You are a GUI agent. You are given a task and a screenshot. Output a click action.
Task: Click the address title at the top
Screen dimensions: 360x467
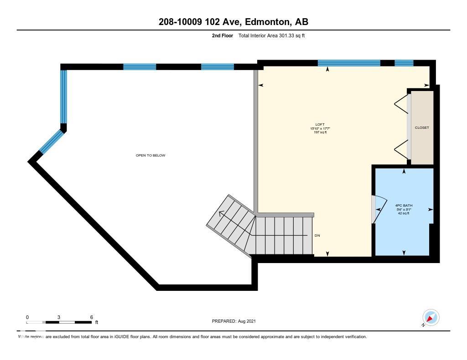(233, 22)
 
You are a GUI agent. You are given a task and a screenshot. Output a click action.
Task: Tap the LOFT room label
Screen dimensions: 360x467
(320, 125)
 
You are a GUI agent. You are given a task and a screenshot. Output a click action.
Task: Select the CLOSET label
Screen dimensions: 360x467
(421, 128)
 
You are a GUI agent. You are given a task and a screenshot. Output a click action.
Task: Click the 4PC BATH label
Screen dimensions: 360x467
(404, 206)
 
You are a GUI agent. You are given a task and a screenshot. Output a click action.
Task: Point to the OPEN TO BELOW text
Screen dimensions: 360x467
(150, 156)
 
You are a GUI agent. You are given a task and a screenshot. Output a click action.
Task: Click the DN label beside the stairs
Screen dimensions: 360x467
(318, 236)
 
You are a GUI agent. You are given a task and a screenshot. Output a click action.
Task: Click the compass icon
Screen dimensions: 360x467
(431, 317)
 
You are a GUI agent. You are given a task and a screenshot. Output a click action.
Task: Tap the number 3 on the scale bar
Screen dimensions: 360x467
(59, 317)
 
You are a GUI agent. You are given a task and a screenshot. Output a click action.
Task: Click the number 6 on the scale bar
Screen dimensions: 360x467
(92, 317)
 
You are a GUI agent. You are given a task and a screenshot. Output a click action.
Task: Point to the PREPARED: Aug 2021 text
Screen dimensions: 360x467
(233, 321)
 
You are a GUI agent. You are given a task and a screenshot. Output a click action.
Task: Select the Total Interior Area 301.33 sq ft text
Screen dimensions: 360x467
(271, 36)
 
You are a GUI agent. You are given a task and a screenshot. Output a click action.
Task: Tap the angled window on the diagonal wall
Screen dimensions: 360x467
(51, 141)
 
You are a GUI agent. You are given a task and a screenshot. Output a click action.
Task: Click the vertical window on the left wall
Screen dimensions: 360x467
(64, 96)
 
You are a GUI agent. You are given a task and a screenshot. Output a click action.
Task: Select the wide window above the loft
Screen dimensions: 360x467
(349, 63)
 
